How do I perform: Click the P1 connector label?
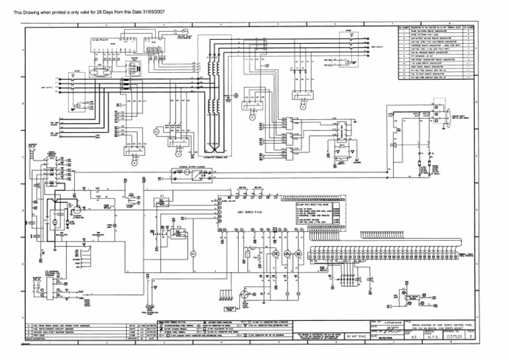[x=162, y=197]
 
